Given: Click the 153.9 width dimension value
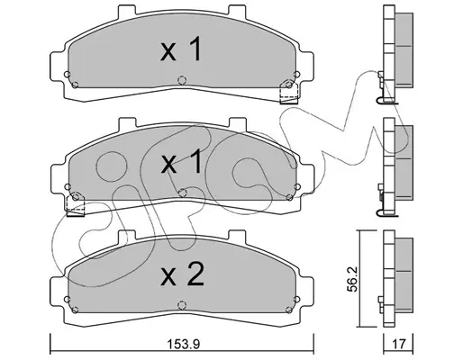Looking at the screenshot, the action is click(184, 345).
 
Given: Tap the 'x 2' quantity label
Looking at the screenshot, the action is click(182, 274).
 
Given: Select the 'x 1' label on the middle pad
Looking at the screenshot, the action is click(181, 162).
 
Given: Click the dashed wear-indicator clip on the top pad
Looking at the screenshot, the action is click(288, 93).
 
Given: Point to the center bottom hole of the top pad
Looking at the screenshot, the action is click(182, 80).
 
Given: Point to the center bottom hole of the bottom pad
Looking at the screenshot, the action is click(182, 305).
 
